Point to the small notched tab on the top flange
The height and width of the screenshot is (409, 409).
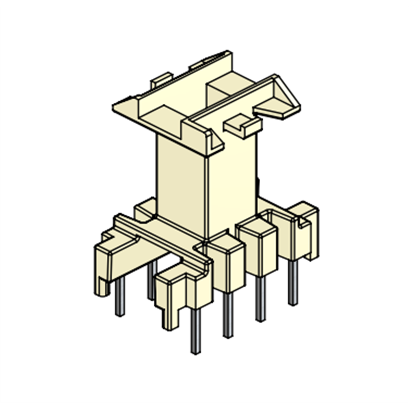pos(243,125)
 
